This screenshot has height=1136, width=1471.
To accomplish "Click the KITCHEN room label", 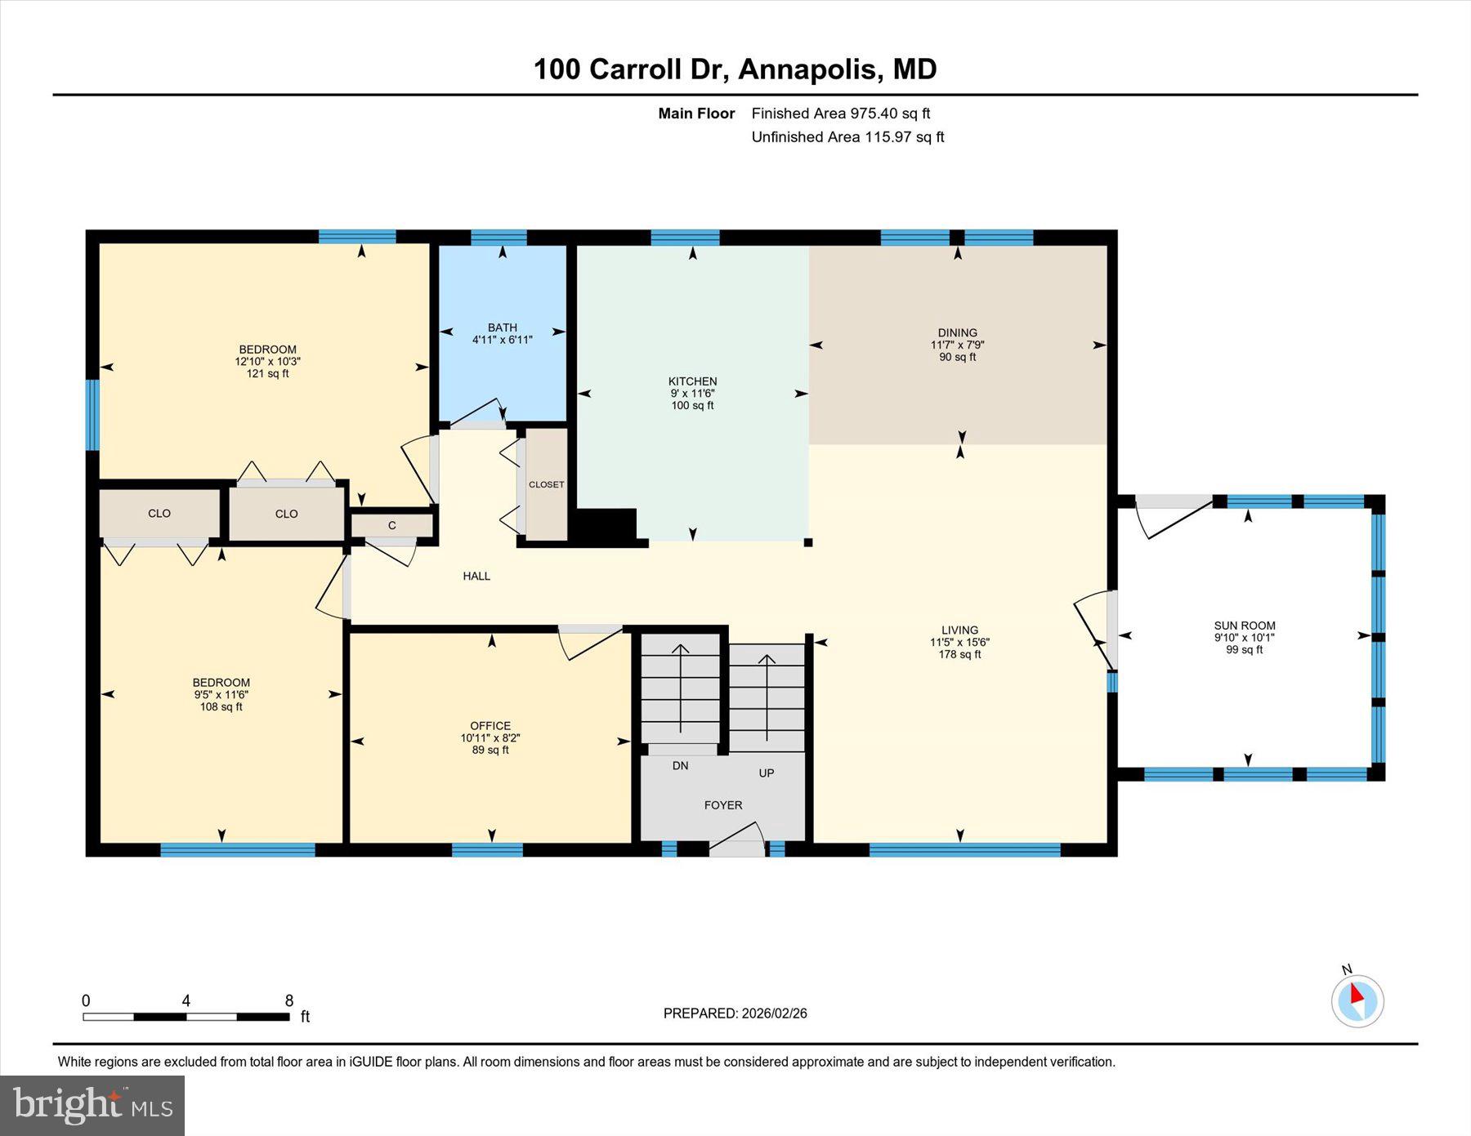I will click(x=692, y=381).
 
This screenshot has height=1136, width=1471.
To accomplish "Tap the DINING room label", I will click(x=957, y=332).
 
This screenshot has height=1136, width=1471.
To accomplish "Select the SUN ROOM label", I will click(x=1244, y=626).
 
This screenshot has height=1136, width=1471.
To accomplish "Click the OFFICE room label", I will click(x=490, y=725).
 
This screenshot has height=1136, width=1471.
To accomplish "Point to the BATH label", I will click(x=502, y=327).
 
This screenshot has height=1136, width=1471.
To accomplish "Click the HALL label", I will click(x=476, y=576).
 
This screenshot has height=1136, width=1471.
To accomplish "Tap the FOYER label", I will click(x=723, y=805).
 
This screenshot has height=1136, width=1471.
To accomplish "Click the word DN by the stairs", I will click(x=680, y=765).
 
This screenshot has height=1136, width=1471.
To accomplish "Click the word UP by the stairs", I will click(x=766, y=773).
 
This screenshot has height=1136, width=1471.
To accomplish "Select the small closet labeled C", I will click(x=392, y=525).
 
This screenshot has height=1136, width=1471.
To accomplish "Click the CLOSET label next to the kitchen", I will click(x=546, y=484).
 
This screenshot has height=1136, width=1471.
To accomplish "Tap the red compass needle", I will click(x=1357, y=994).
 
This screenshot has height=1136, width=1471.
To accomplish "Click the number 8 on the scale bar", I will click(x=289, y=1000).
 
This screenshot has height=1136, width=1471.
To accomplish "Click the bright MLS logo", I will click(x=92, y=1106).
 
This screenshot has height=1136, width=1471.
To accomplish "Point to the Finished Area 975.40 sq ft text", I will click(x=840, y=114).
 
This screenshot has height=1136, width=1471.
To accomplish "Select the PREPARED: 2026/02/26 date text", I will click(x=735, y=1013).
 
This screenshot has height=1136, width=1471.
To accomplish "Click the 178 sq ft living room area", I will click(x=959, y=654).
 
